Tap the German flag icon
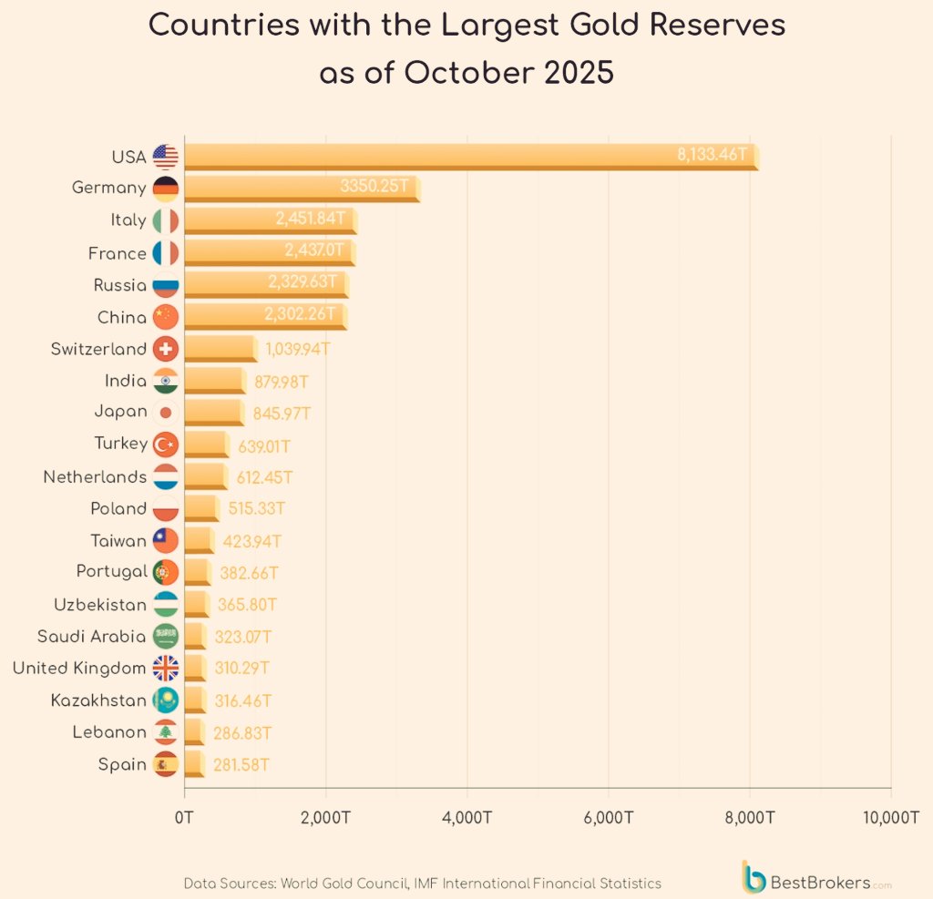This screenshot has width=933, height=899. pos(166,189)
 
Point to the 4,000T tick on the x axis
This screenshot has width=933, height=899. pos(466,817)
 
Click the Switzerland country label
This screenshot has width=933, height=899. pos(98,349)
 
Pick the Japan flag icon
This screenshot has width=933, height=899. pos(166,412)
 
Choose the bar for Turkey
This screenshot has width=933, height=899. pos(206,444)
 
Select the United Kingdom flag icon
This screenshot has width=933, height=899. pos(166,669)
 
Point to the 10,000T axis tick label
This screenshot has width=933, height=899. pos(890,817)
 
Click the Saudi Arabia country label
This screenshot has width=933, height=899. pos(91,636)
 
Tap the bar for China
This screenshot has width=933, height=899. pos(265,317)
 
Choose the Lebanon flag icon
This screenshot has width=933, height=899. pos(166,732)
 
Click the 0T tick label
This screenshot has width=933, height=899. pos(184,817)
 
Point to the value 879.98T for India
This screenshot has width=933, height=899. pos(284,381)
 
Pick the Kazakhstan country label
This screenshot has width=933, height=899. pos(98,700)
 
